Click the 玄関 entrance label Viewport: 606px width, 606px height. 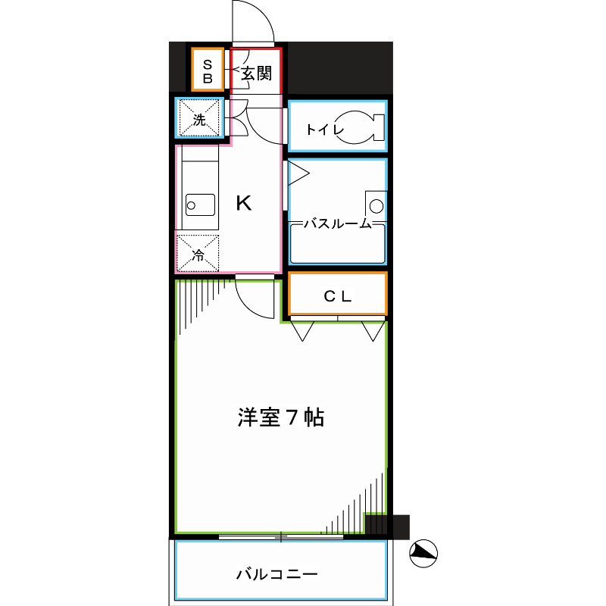click(x=256, y=73)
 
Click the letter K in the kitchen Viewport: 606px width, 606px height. click(x=243, y=203)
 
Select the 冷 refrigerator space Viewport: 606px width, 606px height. click(x=198, y=254)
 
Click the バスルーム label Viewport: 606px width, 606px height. click(x=338, y=223)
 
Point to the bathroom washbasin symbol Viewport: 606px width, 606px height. click(x=376, y=205)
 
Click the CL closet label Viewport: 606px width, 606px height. click(x=338, y=296)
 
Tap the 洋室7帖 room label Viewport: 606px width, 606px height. click(x=281, y=417)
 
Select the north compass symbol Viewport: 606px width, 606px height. click(x=423, y=554)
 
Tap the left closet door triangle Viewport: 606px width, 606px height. click(x=304, y=330)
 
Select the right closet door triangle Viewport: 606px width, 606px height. click(x=372, y=330)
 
